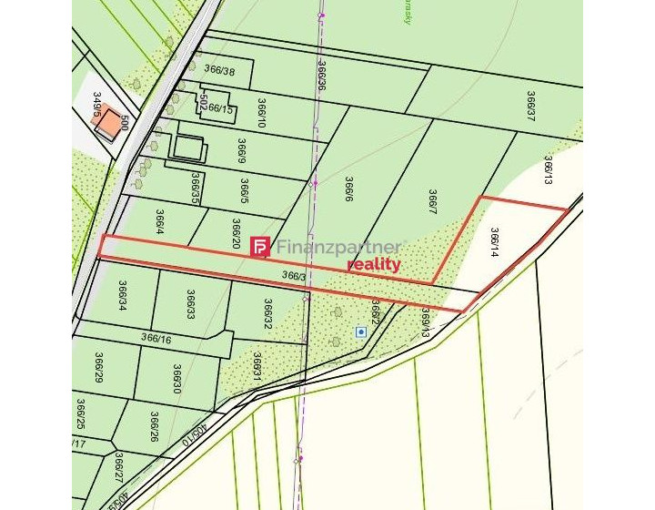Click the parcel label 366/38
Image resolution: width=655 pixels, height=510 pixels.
tap(219, 70)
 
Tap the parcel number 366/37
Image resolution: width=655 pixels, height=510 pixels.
tap(530, 106)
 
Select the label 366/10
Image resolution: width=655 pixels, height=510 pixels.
tap(262, 114)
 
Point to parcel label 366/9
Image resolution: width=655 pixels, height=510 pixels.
tap(242, 151)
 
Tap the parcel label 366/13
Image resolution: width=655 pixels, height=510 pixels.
tap(549, 170)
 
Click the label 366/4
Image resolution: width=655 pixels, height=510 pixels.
tap(160, 222)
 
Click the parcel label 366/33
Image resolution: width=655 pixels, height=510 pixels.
tap(191, 304)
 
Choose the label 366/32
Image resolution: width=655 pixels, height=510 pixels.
tap(268, 313)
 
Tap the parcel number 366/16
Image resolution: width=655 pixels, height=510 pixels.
tap(156, 339)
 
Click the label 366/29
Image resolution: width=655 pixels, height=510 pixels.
tap(99, 368)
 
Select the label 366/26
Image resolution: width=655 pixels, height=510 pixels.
tap(154, 425)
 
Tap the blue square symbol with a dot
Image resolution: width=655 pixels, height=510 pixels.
tap(361, 332)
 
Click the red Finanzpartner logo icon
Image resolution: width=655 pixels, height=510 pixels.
tap(260, 247)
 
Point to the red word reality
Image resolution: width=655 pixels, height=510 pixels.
tap(374, 264)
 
